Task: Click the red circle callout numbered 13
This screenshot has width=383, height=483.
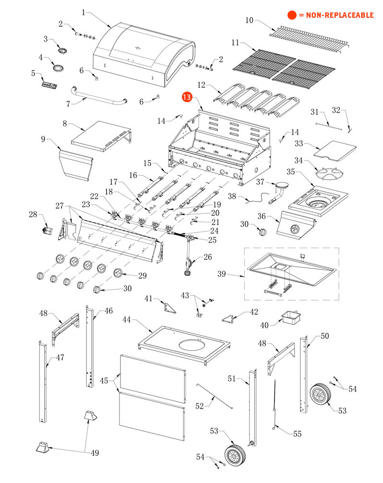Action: tap(187, 97)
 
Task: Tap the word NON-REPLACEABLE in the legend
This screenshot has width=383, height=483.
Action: tap(336, 15)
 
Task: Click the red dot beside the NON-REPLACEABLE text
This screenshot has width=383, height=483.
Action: tap(291, 15)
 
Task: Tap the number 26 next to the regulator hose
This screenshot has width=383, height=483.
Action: tap(207, 257)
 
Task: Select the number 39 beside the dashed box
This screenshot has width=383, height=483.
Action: tap(221, 274)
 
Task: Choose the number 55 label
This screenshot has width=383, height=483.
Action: tap(297, 434)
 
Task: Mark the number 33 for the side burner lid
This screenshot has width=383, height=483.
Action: tap(299, 143)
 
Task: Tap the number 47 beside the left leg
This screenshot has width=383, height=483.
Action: tap(60, 357)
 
